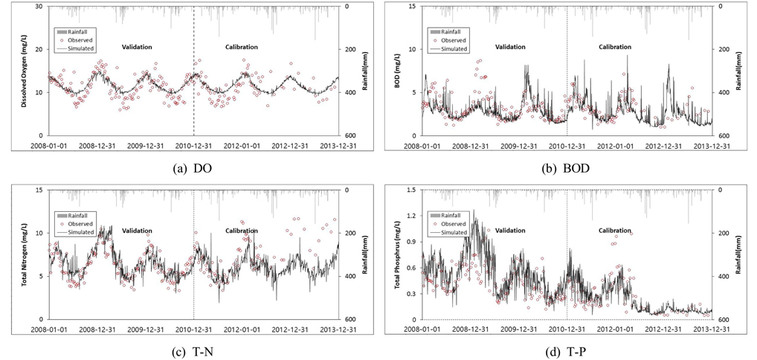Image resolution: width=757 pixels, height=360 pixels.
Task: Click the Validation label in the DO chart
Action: pyautogui.click(x=137, y=47)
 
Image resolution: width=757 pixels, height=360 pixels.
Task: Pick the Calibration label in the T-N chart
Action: pyautogui.click(x=242, y=231)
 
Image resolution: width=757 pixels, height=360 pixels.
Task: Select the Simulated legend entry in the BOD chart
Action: pyautogui.click(x=454, y=49)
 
